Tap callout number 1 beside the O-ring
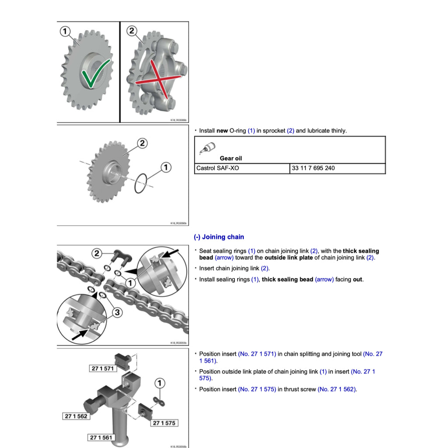point(165,167)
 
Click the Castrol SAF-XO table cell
point(241,168)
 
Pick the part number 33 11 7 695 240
point(312,168)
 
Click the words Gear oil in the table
point(231,158)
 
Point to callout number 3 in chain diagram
point(117,312)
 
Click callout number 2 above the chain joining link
point(97,253)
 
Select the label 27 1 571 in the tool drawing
point(102,368)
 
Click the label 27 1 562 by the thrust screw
point(76,416)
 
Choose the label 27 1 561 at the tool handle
point(101,437)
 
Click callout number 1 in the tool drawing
point(160,384)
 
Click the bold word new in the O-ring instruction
point(222,131)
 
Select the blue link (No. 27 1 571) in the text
point(257,354)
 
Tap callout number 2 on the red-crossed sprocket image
point(132,31)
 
